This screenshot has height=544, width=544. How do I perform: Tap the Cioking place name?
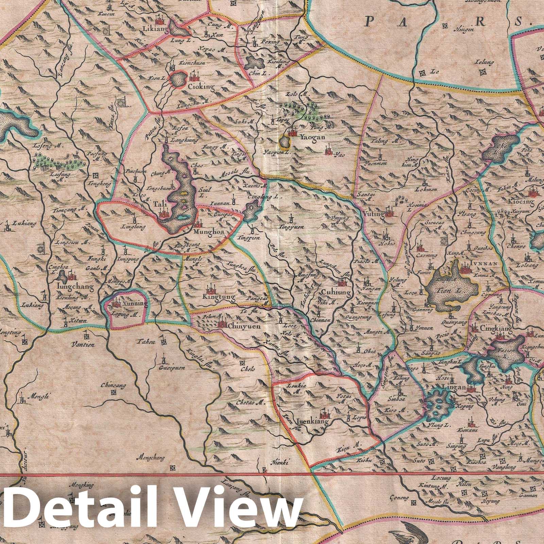201,87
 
